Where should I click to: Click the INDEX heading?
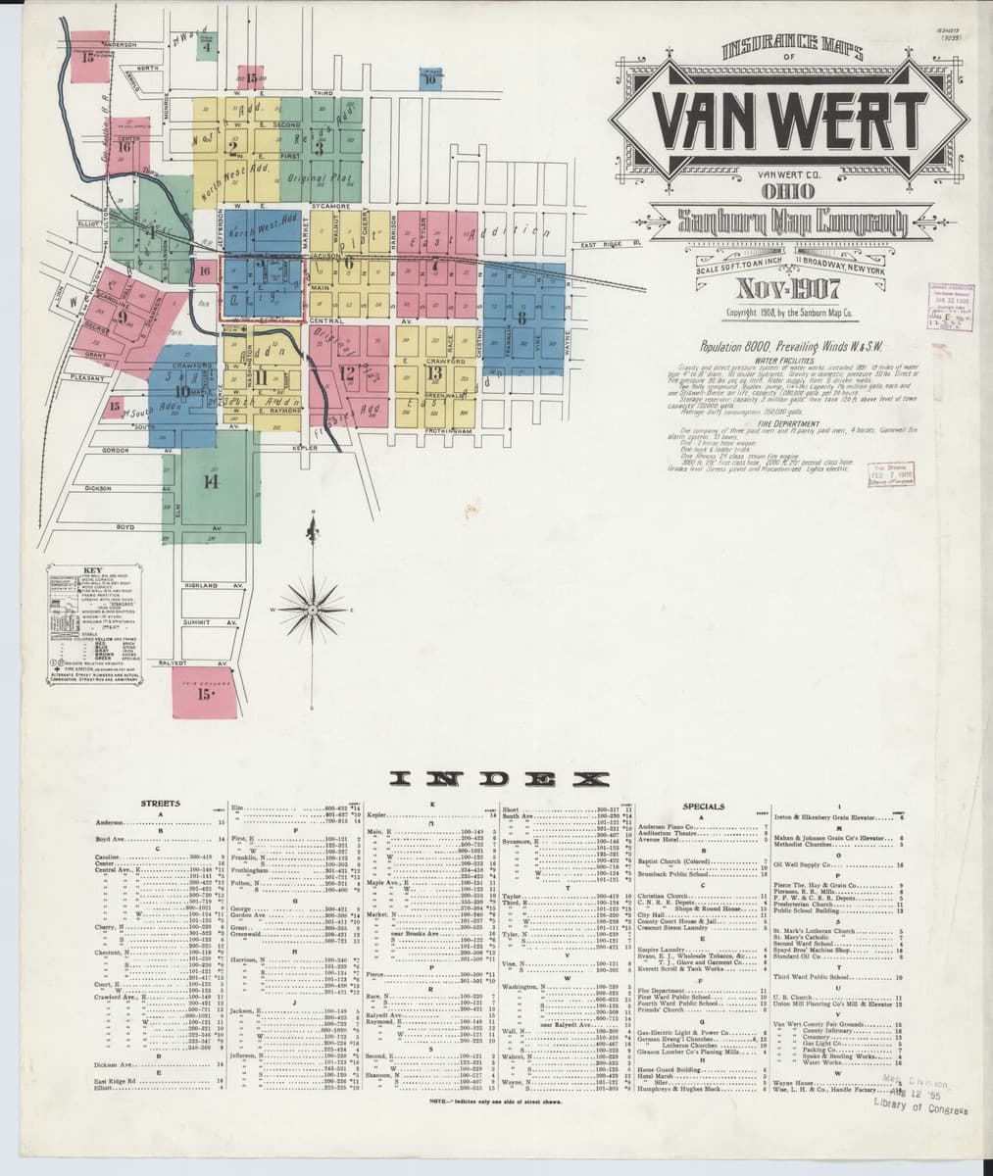pyautogui.click(x=496, y=779)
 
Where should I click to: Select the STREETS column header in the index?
pyautogui.click(x=160, y=804)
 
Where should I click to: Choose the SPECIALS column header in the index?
pyautogui.click(x=703, y=807)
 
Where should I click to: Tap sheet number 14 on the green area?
pyautogui.click(x=210, y=480)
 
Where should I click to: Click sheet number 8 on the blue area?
pyautogui.click(x=521, y=318)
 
